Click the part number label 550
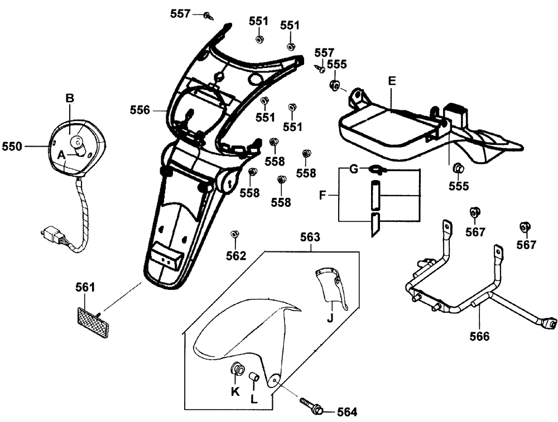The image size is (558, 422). pos(12,147)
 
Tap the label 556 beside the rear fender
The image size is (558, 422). pos(139,110)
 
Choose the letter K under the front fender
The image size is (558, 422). pos(235,392)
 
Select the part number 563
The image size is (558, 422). pos(310,237)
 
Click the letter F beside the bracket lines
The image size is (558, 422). pos(322,196)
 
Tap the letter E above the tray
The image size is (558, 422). pos(392,81)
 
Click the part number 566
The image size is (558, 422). pos(479,336)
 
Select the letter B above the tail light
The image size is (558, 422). pos(70,98)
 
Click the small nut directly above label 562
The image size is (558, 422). pos(235,234)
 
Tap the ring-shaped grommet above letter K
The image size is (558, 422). pos(236,368)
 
